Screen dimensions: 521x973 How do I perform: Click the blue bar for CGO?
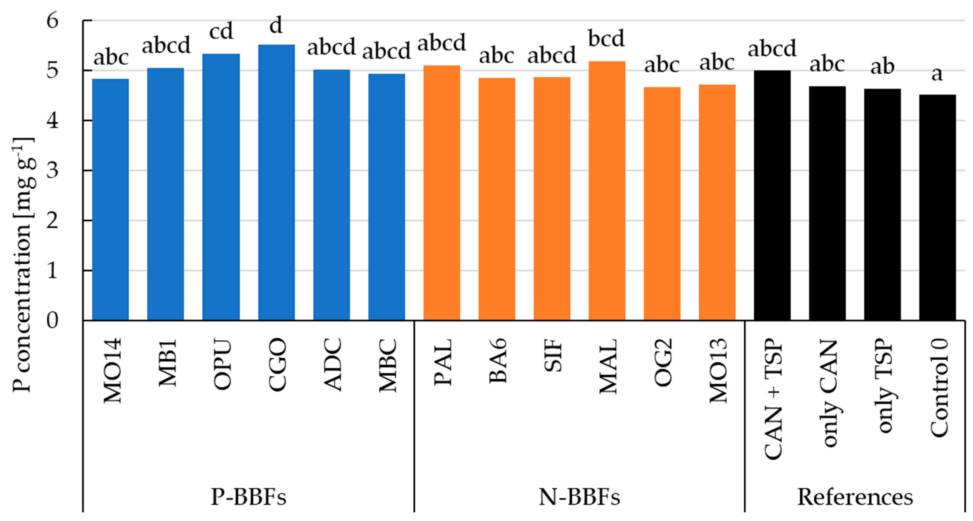coord(277,183)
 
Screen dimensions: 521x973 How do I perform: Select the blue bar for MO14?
coord(110,200)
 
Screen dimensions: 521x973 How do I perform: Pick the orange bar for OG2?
coord(662,204)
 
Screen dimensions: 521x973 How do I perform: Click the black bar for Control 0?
coord(937,207)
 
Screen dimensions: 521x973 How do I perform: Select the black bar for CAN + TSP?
coord(772,195)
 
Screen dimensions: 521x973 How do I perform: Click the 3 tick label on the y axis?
coord(53,171)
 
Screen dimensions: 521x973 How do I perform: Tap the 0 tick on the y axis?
coord(53,321)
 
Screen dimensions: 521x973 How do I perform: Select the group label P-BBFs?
coord(249,497)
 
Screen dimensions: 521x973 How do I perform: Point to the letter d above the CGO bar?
coord(276,25)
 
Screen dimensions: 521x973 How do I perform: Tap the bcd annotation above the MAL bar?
coord(607,39)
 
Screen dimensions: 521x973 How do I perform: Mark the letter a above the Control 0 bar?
coord(937,74)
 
